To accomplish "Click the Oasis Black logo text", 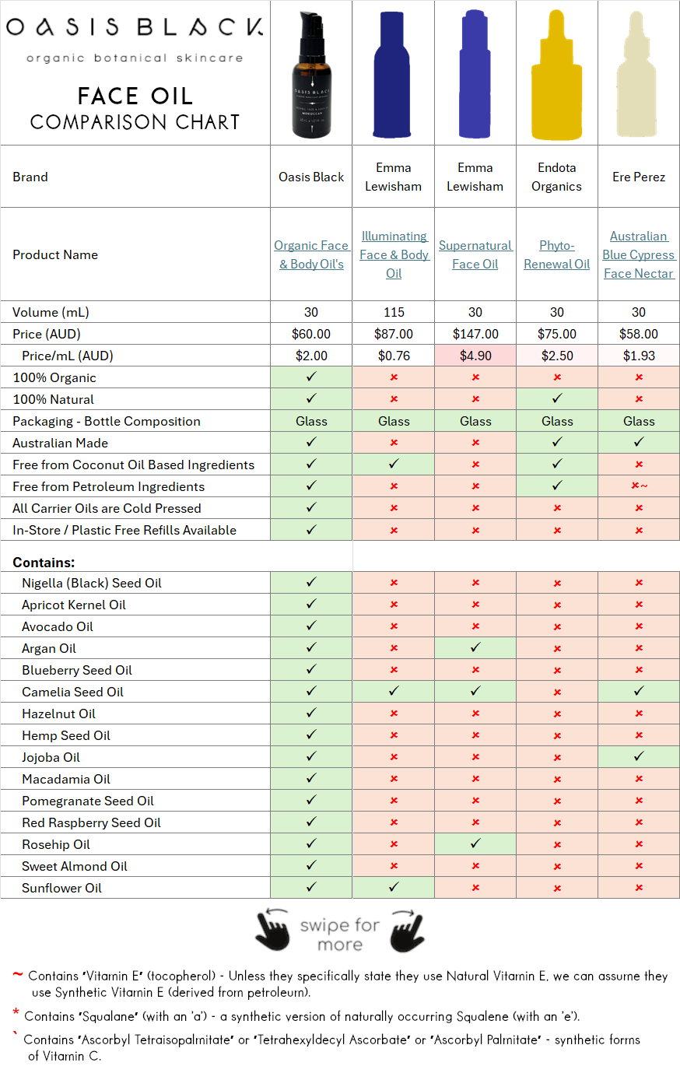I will (135, 28).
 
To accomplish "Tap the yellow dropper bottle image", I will (556, 75).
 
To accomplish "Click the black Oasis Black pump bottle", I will (311, 79).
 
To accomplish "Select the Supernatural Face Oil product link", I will (475, 254).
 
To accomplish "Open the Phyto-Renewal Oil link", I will (556, 254).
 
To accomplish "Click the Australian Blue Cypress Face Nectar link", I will (639, 254).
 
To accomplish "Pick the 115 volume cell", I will (394, 312).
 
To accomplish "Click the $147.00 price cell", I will (475, 334).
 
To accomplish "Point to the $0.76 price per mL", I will (394, 356).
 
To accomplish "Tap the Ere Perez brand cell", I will (639, 177).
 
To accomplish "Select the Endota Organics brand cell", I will (556, 177).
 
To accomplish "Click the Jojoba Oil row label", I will (51, 757).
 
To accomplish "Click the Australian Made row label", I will (61, 443).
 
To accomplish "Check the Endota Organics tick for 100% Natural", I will (557, 399).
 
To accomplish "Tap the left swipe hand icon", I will (273, 931).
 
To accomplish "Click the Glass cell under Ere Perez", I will (639, 421).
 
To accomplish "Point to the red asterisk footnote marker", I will (16, 1013).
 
